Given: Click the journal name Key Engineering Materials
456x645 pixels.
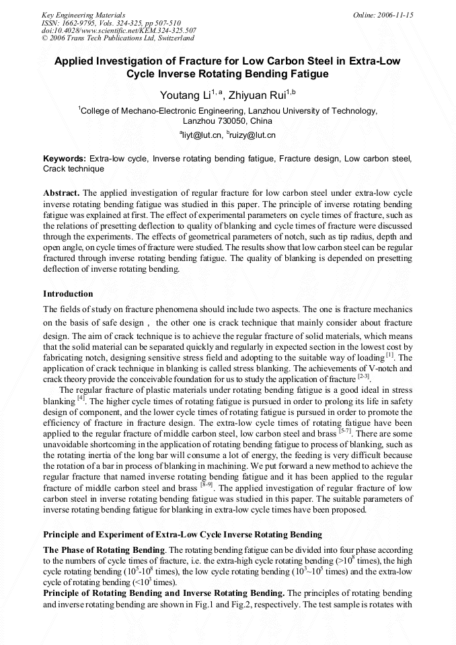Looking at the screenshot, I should click(x=83, y=14).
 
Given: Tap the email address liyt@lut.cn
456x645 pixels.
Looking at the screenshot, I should click(x=200, y=135).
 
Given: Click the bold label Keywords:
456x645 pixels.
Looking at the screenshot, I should click(x=65, y=159).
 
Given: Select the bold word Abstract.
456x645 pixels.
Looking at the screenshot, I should click(x=61, y=192).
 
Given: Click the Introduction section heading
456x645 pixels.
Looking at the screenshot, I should click(x=68, y=294).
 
